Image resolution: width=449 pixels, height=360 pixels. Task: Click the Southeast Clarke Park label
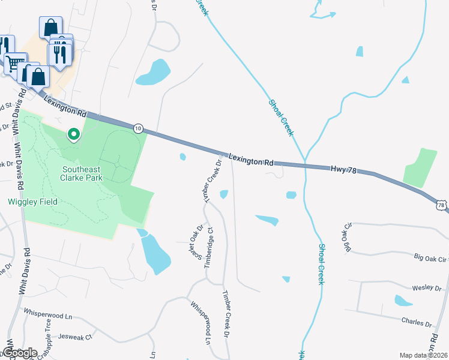pos(82,173)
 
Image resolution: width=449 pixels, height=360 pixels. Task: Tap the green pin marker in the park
pos(74,134)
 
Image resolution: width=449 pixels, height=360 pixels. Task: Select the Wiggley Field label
pos(32,202)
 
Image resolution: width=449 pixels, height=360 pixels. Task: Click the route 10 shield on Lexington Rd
pos(138,128)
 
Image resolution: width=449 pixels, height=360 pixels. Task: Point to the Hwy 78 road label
pos(343,171)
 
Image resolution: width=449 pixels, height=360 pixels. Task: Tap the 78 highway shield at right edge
pos(442,206)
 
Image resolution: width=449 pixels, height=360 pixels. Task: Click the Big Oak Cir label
pos(431,259)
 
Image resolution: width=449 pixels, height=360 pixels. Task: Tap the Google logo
pos(20,352)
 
